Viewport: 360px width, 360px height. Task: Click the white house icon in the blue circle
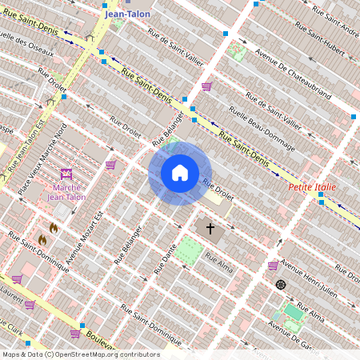pyautogui.click(x=180, y=173)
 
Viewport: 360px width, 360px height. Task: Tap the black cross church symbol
pyautogui.click(x=211, y=229)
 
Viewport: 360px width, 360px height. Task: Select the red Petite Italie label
pyautogui.click(x=312, y=187)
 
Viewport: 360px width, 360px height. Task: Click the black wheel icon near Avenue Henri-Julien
pyautogui.click(x=281, y=284)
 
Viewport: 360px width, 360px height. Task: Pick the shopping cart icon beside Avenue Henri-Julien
pyautogui.click(x=273, y=265)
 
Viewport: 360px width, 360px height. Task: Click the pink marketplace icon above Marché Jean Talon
pyautogui.click(x=66, y=174)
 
